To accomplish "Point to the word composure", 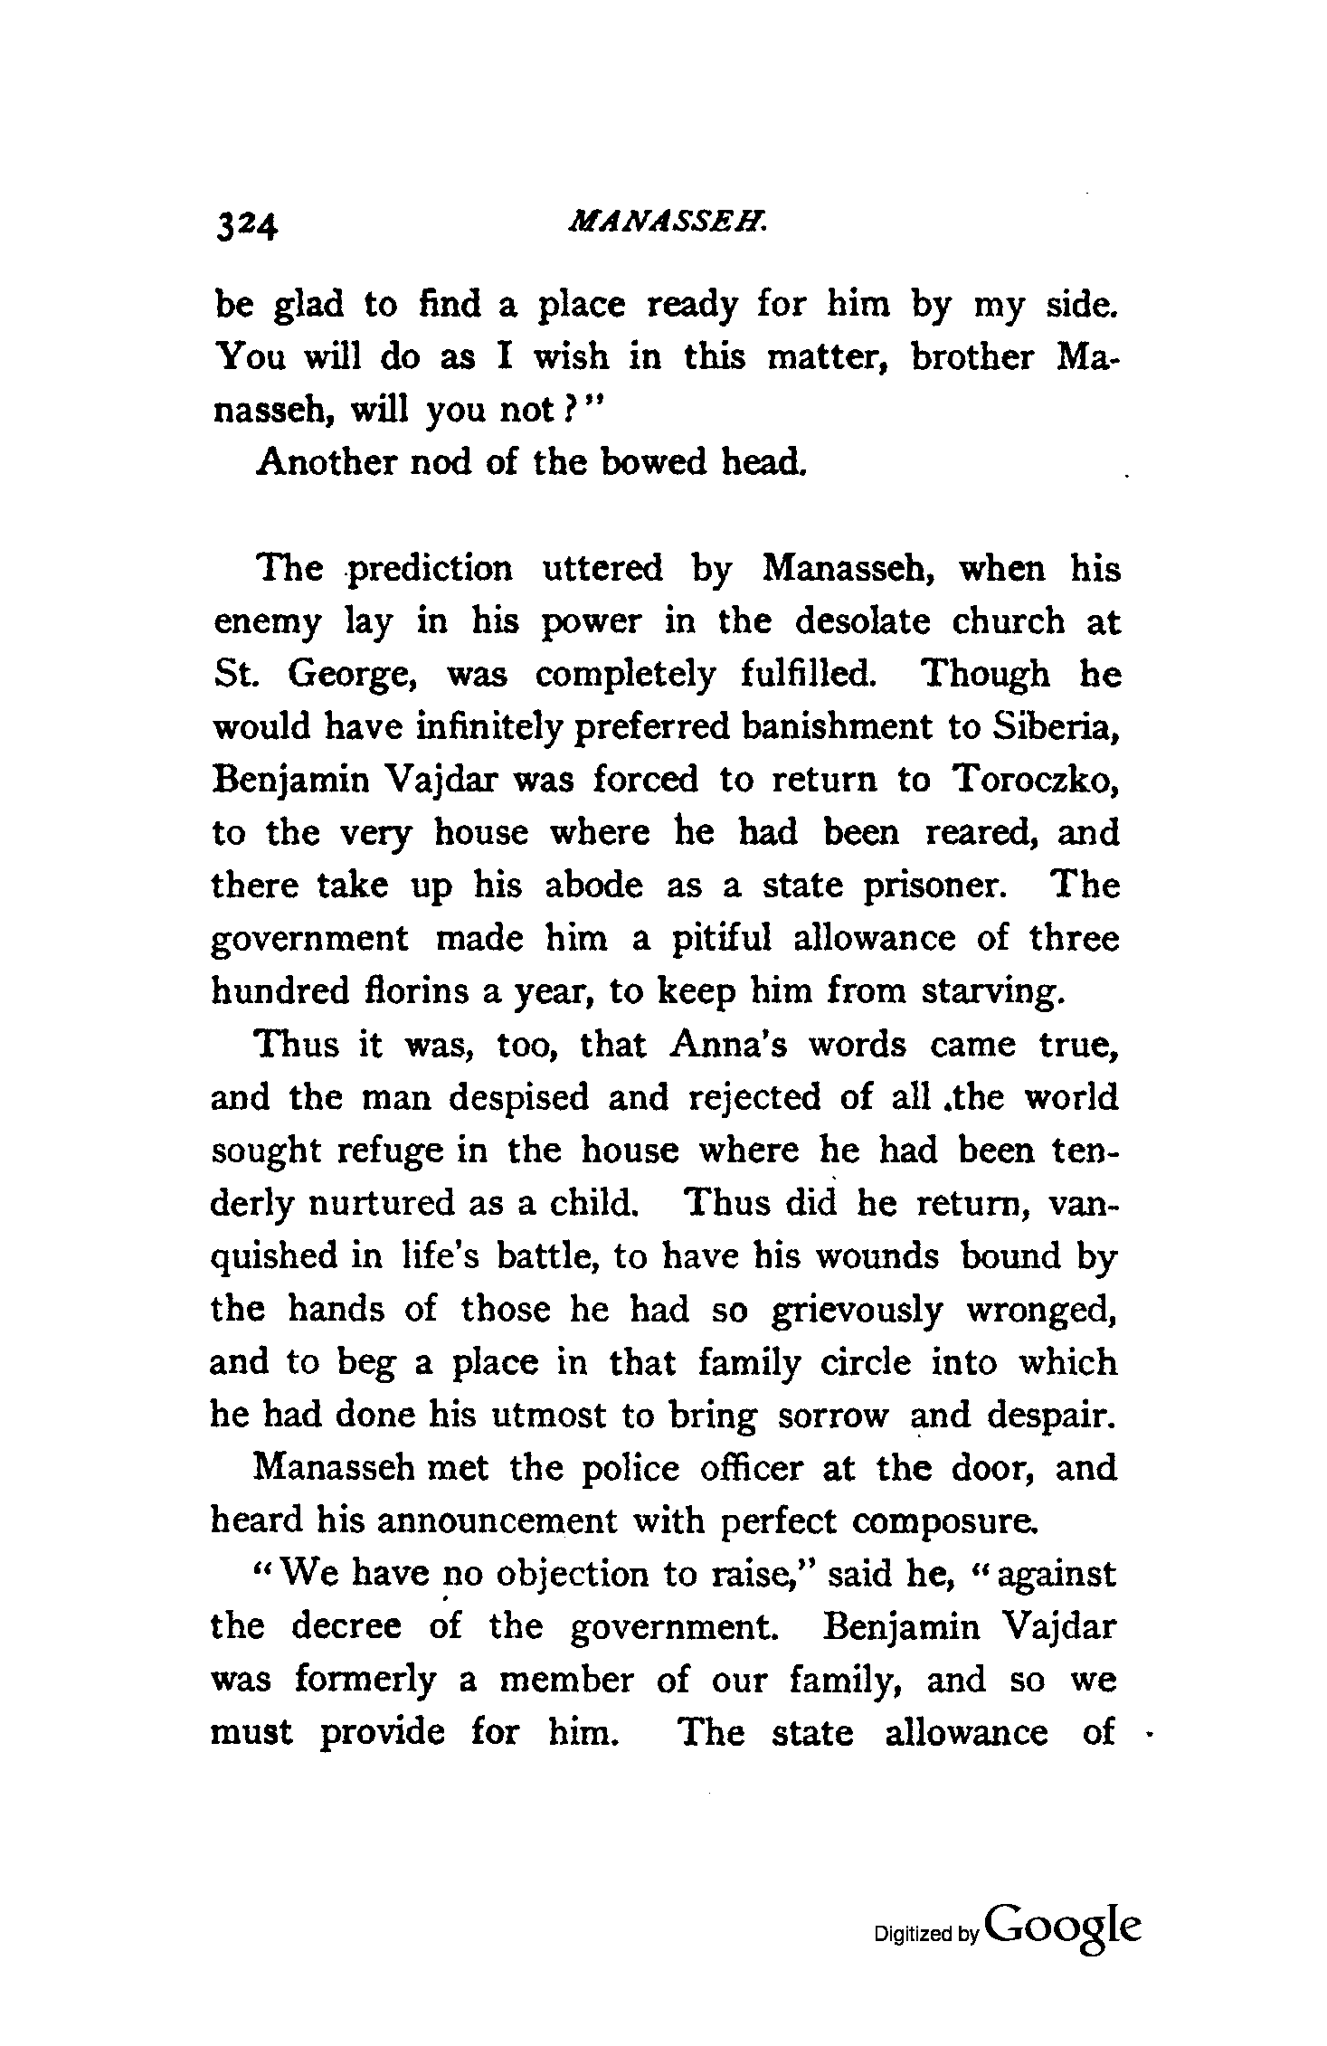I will [x=941, y=1520].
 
